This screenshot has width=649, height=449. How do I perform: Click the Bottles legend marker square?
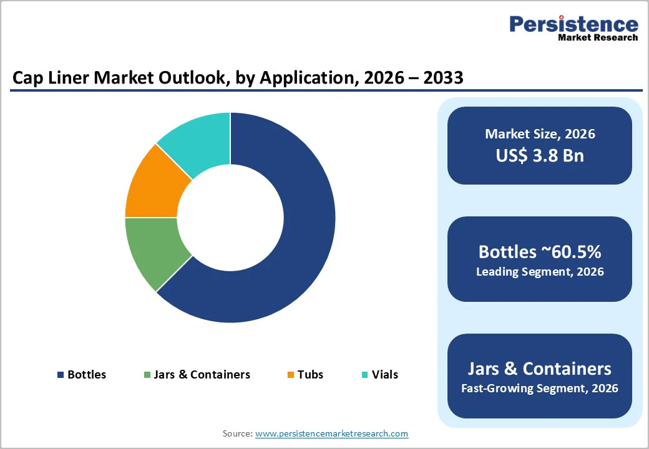(x=61, y=375)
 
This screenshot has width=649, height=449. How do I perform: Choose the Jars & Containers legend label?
(x=202, y=375)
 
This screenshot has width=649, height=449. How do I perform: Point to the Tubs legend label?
(x=310, y=375)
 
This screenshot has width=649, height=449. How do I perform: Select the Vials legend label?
(x=384, y=375)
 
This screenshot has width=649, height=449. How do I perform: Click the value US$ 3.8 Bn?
(x=540, y=155)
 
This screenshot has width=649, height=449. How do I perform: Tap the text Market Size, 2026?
(x=540, y=134)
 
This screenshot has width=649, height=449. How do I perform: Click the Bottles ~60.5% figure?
(x=540, y=251)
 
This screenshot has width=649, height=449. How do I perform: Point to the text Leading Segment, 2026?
(x=540, y=272)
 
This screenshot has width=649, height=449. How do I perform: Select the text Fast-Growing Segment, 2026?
(x=540, y=389)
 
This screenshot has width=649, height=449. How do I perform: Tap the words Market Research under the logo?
(x=598, y=37)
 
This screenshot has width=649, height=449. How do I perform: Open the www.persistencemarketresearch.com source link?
(x=331, y=433)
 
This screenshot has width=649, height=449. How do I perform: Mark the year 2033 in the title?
(x=441, y=79)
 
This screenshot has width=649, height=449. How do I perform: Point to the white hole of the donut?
(x=230, y=218)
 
